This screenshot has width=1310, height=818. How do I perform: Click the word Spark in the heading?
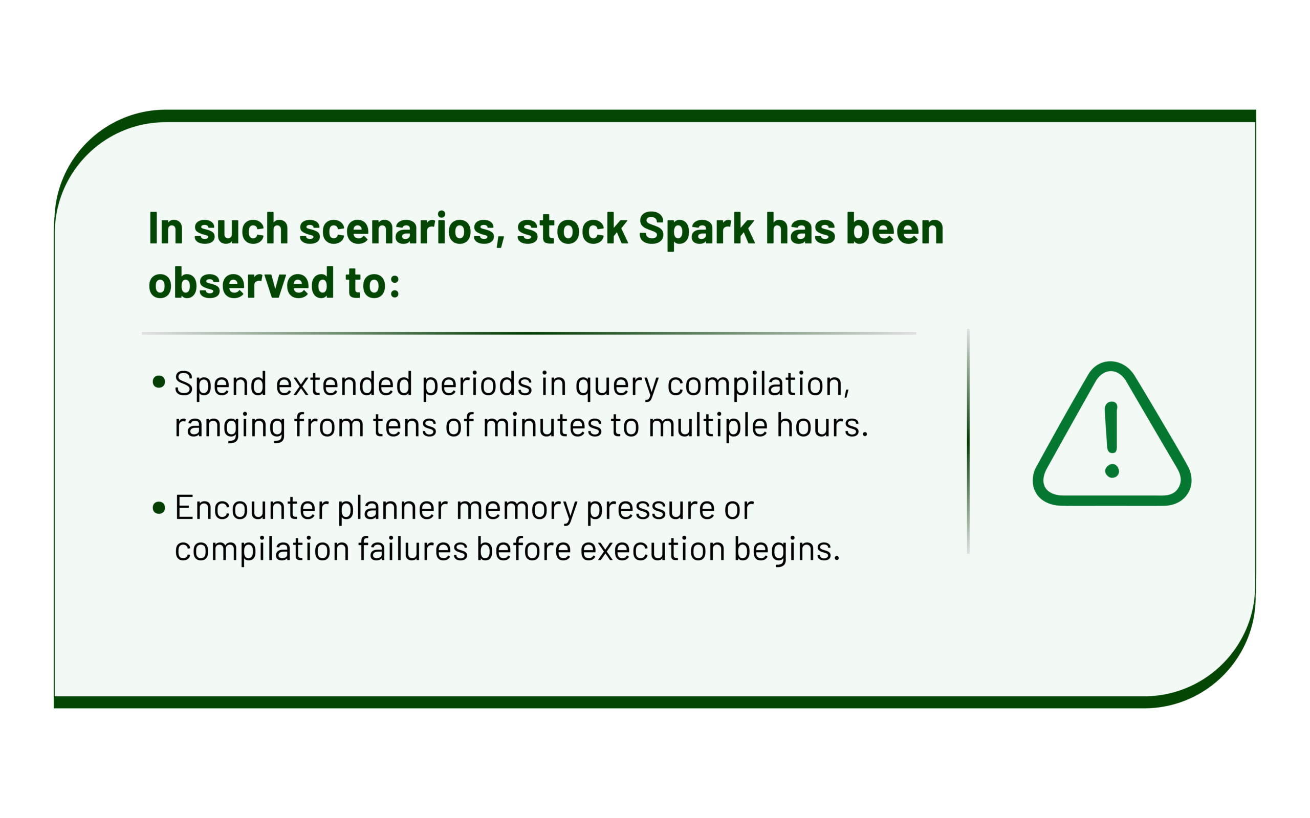[696, 230]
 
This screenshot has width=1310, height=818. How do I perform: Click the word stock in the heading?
[572, 229]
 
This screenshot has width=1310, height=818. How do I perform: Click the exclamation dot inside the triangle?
[1112, 471]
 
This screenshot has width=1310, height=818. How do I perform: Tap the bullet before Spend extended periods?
[159, 382]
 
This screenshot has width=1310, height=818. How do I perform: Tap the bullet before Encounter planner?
[159, 508]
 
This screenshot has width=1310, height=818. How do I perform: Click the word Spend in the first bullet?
[221, 384]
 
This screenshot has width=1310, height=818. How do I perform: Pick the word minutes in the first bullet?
[542, 425]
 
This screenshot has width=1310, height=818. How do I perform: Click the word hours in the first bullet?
[818, 425]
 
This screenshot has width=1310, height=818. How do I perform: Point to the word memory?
[516, 510]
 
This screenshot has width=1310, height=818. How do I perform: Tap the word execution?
[652, 550]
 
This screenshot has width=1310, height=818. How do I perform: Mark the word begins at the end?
[782, 551]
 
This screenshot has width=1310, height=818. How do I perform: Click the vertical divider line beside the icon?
[968, 441]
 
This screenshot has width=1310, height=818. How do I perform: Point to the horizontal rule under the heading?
[529, 333]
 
